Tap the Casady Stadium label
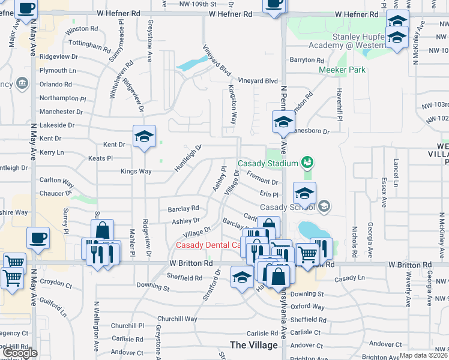[x=268, y=163]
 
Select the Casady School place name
[x=287, y=208]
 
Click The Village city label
[x=255, y=345]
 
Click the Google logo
[x=20, y=353]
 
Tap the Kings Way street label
[x=136, y=172]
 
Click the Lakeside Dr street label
[x=57, y=125]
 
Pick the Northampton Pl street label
[x=63, y=98]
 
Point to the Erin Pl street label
[x=270, y=194]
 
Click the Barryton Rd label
[x=307, y=60]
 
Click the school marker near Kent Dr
[x=144, y=137]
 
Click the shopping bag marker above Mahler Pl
[x=103, y=230]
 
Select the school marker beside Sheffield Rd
[x=242, y=277]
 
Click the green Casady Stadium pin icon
[x=307, y=162]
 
